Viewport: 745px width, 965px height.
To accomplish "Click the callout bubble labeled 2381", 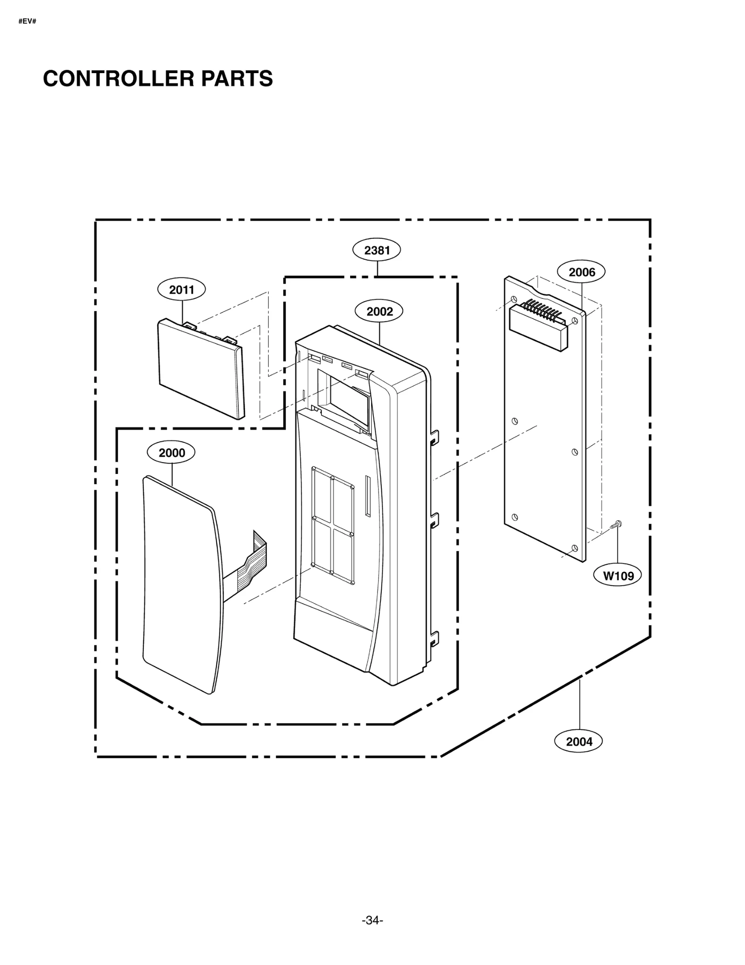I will pyautogui.click(x=376, y=250).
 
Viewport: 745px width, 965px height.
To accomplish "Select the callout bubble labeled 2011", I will pyautogui.click(x=181, y=290).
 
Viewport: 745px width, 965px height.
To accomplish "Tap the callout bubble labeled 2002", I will pyautogui.click(x=379, y=311).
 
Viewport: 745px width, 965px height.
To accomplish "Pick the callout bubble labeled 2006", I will pyautogui.click(x=582, y=272).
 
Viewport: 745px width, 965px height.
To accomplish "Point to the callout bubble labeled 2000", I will pyautogui.click(x=171, y=452).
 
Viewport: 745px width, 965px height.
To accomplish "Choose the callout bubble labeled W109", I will pyautogui.click(x=618, y=576).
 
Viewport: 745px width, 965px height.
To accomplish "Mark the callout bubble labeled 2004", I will pyautogui.click(x=579, y=742).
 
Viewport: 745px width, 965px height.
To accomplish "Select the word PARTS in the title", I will pyautogui.click(x=237, y=79).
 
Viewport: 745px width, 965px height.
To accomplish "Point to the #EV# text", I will pyautogui.click(x=27, y=21).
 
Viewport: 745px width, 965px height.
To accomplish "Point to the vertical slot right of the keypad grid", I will pyautogui.click(x=368, y=496).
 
